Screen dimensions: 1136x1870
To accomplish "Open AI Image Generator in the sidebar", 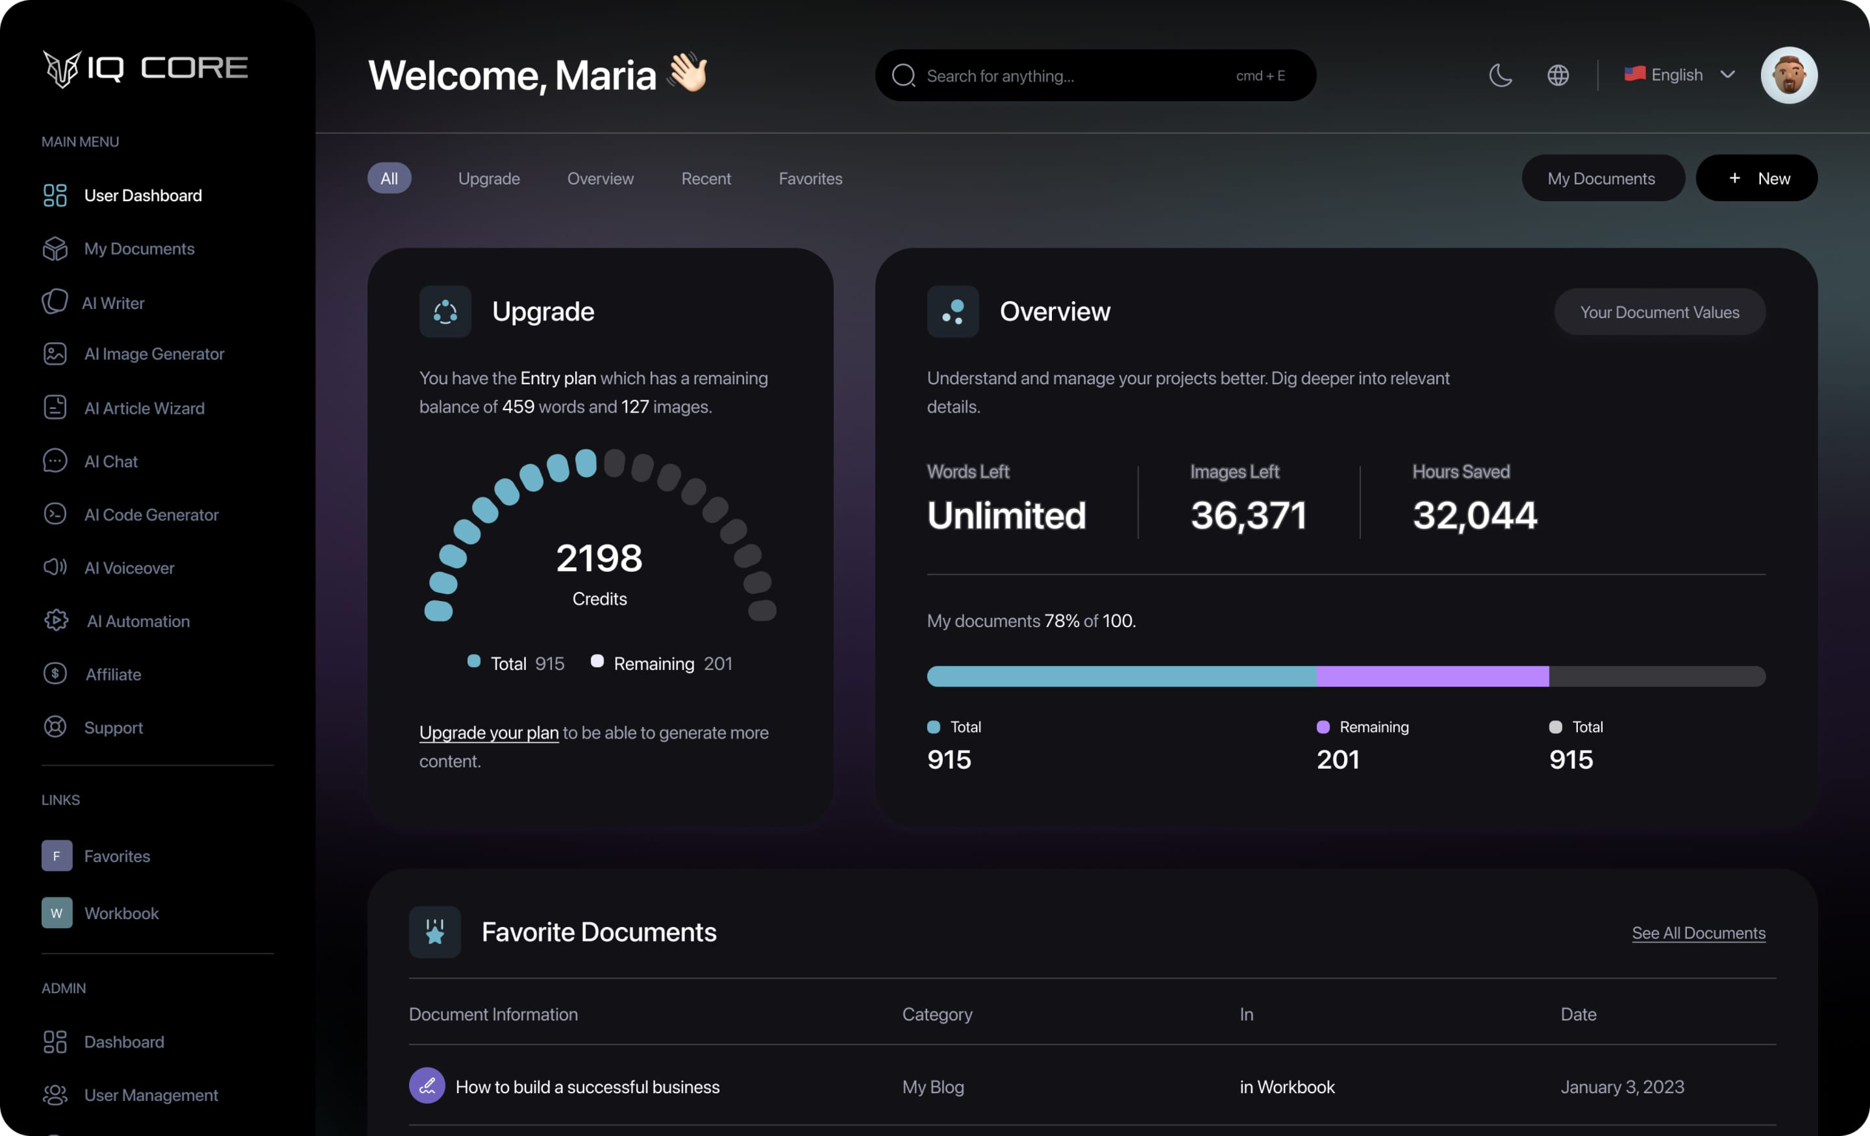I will coord(153,354).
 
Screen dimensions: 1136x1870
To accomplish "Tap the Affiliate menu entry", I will coord(112,674).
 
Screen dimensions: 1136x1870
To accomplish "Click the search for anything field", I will coord(1078,76).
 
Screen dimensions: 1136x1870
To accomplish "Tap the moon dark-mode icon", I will coord(1501,75).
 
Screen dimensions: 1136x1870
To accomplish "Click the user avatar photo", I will coord(1789,75).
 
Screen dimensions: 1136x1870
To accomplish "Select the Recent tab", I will coord(706,179).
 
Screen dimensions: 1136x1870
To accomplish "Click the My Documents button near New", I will coord(1601,179).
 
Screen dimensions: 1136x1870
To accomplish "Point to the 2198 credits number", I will coord(599,558).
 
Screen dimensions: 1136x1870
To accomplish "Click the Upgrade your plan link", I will coord(489,732).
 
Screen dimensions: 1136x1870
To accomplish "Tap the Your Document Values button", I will coord(1659,312).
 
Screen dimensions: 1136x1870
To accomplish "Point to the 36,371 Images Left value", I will coord(1249,515).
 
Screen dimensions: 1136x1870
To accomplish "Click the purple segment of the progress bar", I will coord(1432,676).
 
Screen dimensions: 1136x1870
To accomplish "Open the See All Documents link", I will coord(1699,933).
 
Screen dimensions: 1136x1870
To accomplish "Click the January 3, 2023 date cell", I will coord(1622,1087).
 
